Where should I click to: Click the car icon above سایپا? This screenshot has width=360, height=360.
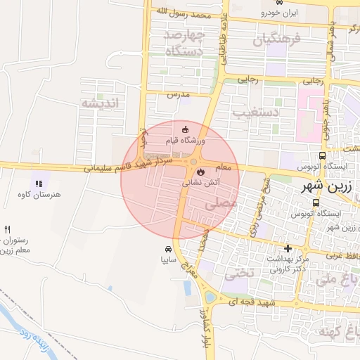[x=168, y=250]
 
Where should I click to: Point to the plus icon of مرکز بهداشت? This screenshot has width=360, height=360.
[x=288, y=248]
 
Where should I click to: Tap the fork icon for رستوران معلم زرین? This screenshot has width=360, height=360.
[x=8, y=229]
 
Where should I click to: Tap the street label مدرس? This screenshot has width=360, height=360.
[x=179, y=94]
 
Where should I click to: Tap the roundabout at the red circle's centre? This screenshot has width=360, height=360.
[x=193, y=163]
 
